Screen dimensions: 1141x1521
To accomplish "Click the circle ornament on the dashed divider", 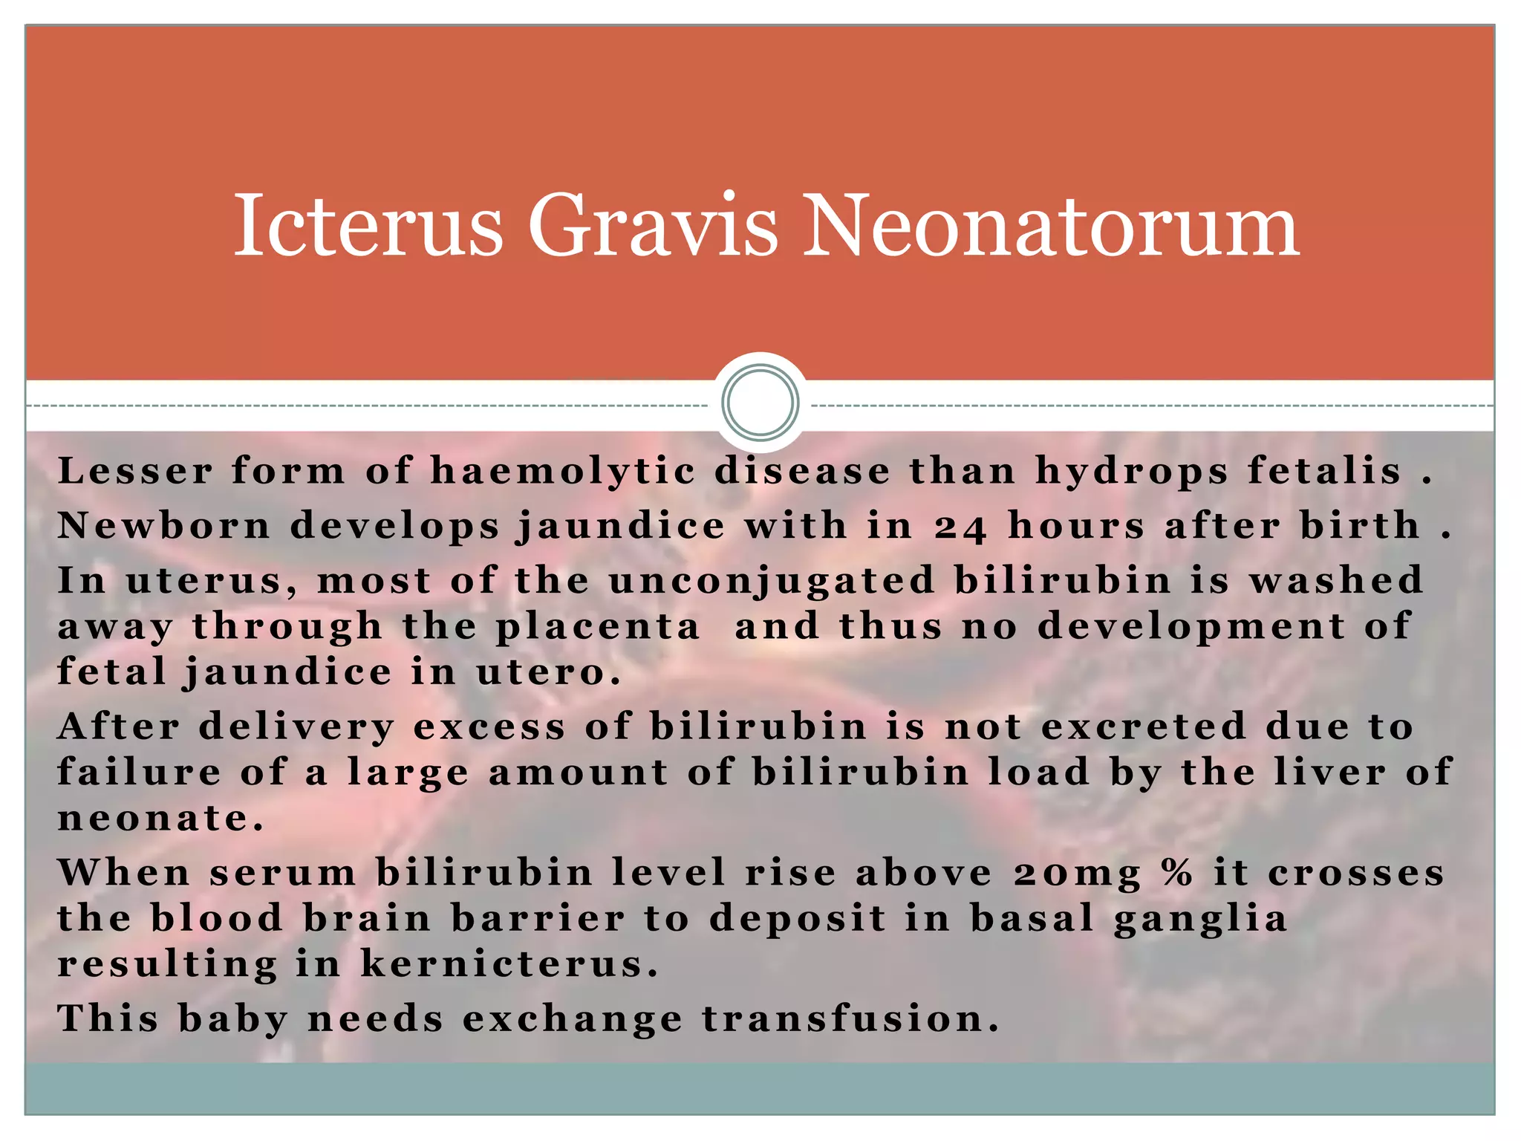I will (760, 402).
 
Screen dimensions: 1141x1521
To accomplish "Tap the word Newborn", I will (165, 526).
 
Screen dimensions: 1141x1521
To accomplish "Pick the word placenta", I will (598, 627).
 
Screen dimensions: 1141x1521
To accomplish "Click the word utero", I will (548, 673).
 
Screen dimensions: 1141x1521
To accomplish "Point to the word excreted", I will (1144, 726).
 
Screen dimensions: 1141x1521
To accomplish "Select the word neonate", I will (160, 819).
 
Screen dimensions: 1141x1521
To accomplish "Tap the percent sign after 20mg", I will (1178, 872).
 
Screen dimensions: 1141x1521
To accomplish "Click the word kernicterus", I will (509, 964).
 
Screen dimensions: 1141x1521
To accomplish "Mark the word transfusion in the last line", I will (850, 1018).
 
